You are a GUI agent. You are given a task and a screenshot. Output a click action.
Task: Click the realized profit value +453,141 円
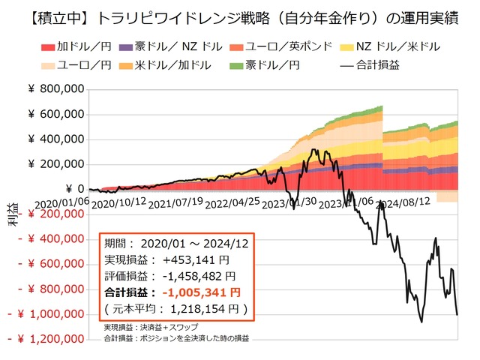191,260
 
